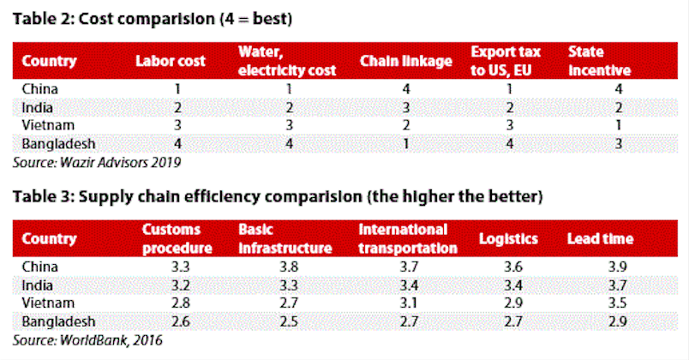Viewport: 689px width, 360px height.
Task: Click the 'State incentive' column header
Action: tap(598, 61)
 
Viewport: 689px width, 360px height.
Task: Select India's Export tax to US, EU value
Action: tap(508, 106)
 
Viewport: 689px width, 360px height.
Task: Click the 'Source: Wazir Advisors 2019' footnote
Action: tap(97, 160)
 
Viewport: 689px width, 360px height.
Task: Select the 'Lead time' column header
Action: tap(602, 238)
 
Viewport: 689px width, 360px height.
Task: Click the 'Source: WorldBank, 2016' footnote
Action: tap(87, 339)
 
